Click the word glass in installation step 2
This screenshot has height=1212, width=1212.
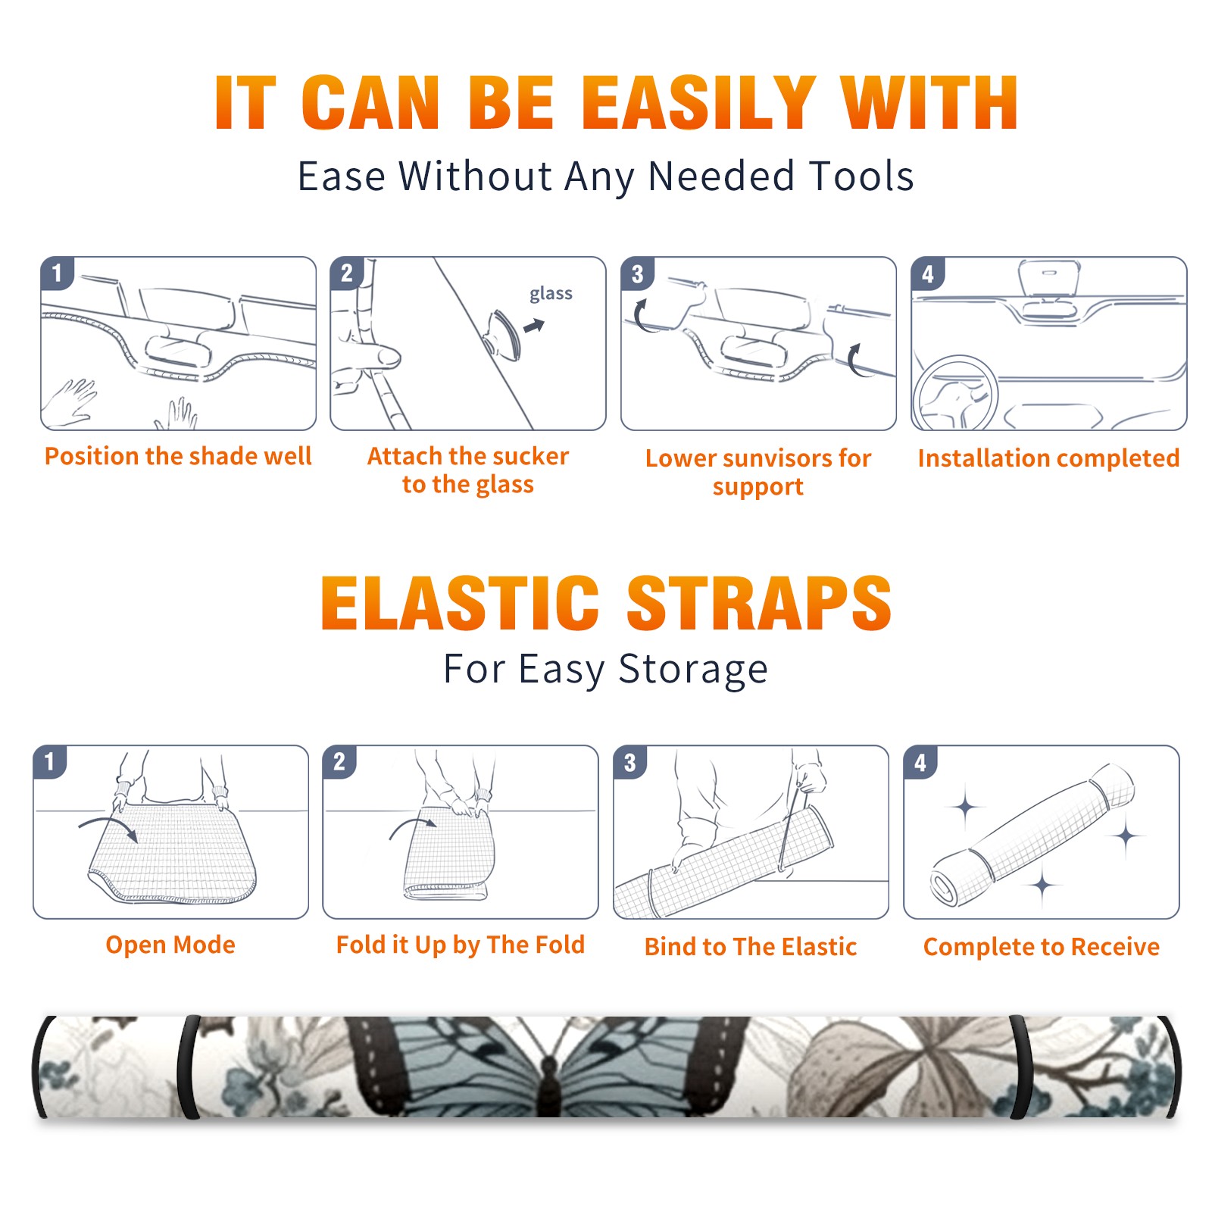[x=551, y=294]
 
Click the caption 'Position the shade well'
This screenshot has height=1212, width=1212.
[x=178, y=456]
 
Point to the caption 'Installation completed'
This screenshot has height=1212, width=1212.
[x=1048, y=458]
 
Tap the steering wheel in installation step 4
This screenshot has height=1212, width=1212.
[x=955, y=392]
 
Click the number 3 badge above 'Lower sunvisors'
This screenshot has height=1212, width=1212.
[x=637, y=273]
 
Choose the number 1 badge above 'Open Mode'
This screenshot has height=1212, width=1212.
[x=50, y=761]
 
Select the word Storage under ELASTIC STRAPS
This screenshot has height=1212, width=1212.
[x=693, y=670]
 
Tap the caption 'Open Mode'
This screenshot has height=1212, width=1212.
[x=170, y=945]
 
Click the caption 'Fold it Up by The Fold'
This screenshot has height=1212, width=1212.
[x=461, y=945]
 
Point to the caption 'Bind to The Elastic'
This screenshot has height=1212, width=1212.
[x=751, y=947]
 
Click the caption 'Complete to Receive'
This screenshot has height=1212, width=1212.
[x=1042, y=947]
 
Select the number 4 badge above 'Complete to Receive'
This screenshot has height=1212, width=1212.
[x=920, y=762]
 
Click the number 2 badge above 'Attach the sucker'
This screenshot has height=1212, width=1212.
[x=347, y=273]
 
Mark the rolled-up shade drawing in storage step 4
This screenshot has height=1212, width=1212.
[x=1032, y=834]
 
